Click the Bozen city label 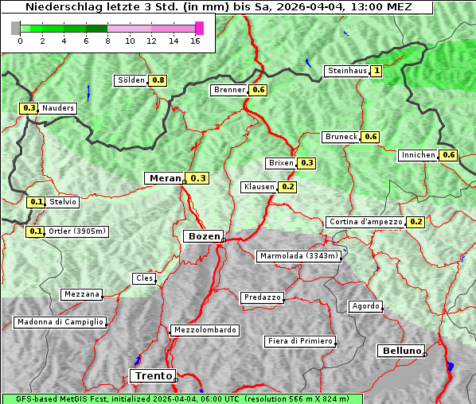(x=202, y=236)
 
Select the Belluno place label (x=400, y=351)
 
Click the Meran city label (x=163, y=178)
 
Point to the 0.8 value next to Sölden (x=158, y=80)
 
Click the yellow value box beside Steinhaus (x=377, y=71)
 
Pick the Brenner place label (x=230, y=90)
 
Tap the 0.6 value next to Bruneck (x=370, y=137)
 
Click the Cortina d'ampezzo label (x=365, y=222)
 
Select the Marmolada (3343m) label (x=299, y=256)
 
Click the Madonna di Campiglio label (x=60, y=322)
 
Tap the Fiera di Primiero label (x=299, y=341)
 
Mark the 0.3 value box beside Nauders (x=29, y=108)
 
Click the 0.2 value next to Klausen (x=288, y=187)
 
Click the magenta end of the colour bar (x=199, y=28)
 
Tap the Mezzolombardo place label (x=204, y=329)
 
